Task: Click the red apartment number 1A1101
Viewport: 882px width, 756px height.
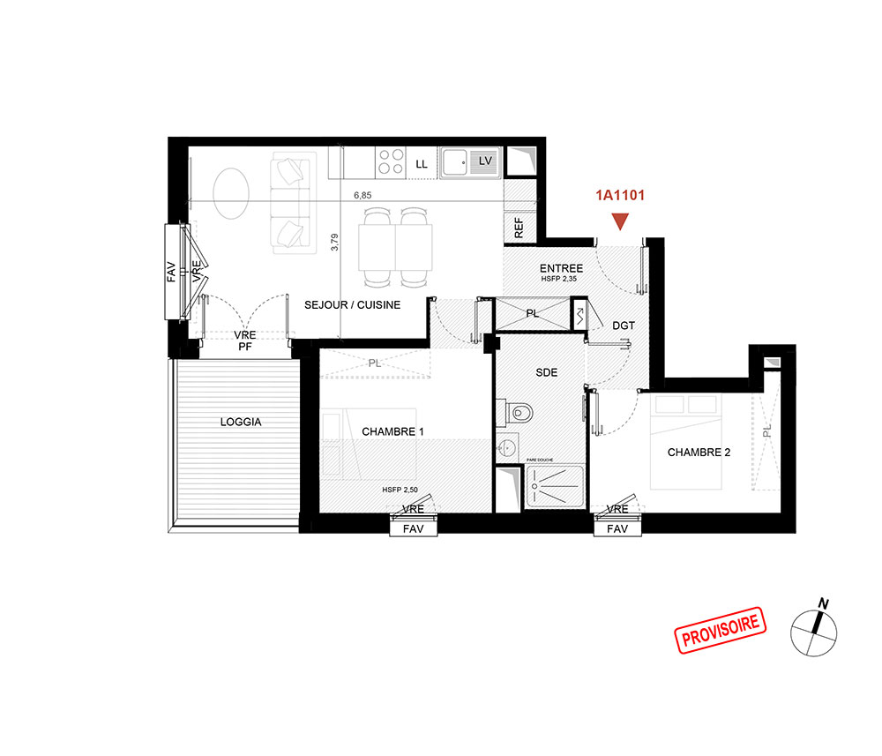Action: click(620, 195)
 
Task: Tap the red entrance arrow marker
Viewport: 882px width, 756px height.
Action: click(620, 221)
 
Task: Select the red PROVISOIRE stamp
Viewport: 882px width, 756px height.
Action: click(721, 630)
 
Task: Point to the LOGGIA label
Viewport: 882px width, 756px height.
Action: click(241, 422)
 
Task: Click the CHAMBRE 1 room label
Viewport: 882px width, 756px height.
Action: click(392, 431)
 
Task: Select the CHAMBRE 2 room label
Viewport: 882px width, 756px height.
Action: click(699, 453)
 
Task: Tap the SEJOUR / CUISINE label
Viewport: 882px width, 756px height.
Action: click(353, 305)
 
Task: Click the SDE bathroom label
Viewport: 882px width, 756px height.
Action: click(547, 372)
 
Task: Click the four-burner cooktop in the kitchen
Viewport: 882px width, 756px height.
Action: click(391, 161)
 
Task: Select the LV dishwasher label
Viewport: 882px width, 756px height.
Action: click(485, 161)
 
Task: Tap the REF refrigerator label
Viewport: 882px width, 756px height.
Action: click(519, 228)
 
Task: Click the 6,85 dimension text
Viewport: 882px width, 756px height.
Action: click(363, 195)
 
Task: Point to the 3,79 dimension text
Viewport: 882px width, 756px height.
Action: click(334, 242)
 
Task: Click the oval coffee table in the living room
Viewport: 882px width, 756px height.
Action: click(231, 193)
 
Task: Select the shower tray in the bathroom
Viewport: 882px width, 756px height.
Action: click(555, 486)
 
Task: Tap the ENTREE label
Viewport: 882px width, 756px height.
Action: click(561, 268)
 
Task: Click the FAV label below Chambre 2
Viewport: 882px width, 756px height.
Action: click(617, 528)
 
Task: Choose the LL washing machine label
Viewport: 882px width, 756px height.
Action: click(422, 164)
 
